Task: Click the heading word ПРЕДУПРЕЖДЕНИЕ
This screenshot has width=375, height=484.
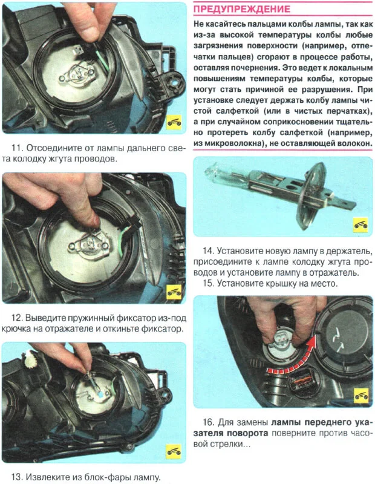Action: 242,8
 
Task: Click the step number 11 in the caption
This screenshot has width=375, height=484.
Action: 16,148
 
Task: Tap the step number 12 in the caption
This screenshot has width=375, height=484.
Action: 17,318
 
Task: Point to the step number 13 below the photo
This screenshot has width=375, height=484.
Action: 17,477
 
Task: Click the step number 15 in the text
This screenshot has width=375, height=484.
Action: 208,283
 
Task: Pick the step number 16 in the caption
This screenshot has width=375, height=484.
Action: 208,422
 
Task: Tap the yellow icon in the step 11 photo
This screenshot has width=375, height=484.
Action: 174,123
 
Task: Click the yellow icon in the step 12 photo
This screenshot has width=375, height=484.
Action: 174,292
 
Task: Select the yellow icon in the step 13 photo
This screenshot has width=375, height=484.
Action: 174,452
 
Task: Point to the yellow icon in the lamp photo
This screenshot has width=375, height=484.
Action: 360,224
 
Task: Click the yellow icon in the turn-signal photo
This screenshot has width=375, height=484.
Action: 361,396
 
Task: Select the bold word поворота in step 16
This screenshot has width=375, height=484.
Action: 247,433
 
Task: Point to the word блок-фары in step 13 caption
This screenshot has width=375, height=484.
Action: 91,477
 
